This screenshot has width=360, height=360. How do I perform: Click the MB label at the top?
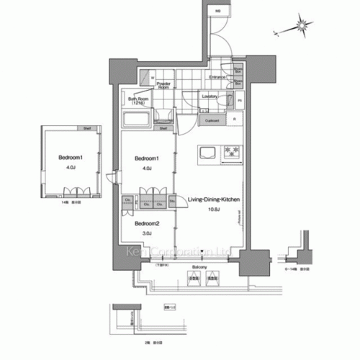point(218,11)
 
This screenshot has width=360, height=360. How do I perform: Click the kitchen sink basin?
point(207,152)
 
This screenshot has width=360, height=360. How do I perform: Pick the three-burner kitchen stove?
point(232,152)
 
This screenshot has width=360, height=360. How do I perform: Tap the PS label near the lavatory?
point(240,100)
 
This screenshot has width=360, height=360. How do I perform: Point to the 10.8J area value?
point(213,210)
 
